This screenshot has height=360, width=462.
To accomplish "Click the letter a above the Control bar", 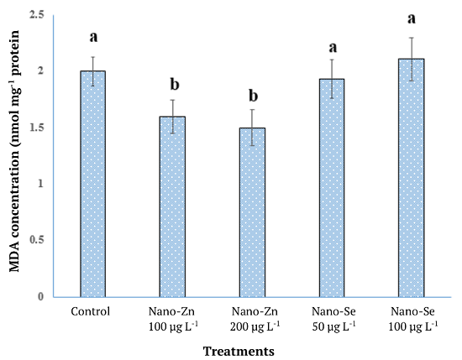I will pos(92,38).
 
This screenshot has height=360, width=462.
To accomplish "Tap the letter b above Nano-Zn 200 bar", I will pos(253,91).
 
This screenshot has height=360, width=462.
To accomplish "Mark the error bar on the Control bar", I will pos(92,70).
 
